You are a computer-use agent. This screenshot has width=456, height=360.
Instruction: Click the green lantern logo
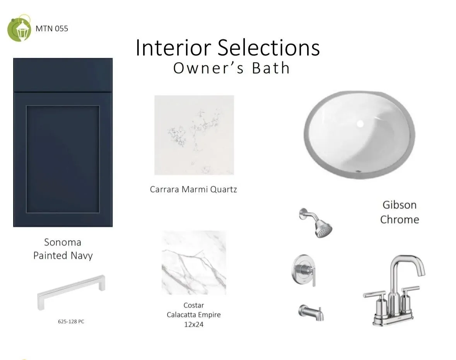[x=19, y=28]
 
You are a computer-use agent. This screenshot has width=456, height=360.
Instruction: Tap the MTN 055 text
[x=52, y=29]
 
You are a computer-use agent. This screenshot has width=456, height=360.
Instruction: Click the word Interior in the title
[x=173, y=48]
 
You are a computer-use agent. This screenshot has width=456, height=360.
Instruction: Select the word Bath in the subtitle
[x=271, y=68]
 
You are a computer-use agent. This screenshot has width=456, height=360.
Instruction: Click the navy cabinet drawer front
[x=63, y=75]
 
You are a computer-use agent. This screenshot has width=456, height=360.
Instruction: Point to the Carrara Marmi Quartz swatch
[x=194, y=135]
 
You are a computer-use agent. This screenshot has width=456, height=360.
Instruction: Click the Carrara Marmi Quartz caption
[x=193, y=189]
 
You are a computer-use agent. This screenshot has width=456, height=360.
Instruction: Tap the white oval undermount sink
[x=359, y=134]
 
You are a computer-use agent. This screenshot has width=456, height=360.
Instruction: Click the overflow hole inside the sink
[x=360, y=124]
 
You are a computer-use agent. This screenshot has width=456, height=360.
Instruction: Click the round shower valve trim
[x=304, y=270]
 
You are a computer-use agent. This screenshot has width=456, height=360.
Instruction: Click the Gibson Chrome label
[x=400, y=212]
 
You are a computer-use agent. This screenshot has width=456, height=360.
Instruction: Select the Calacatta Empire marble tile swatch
[x=194, y=263]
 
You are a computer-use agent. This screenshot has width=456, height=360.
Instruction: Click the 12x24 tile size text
[x=194, y=324]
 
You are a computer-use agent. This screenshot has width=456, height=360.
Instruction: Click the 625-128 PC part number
[x=71, y=321]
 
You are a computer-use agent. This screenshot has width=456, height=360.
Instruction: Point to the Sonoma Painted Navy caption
[x=63, y=249]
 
